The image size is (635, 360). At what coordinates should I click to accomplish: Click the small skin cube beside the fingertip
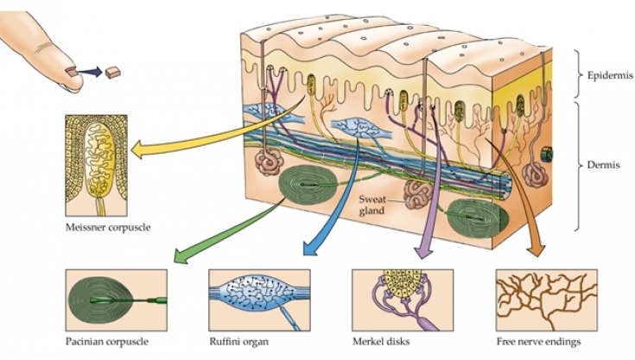[111, 74]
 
